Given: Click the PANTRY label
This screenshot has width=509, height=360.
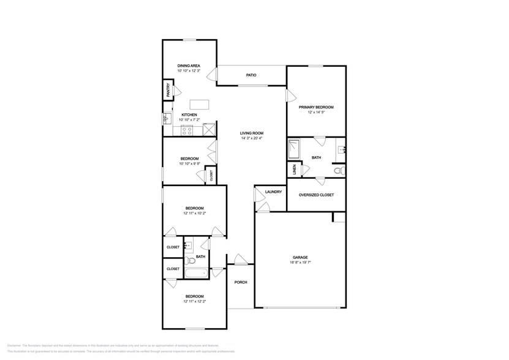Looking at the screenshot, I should [167, 90].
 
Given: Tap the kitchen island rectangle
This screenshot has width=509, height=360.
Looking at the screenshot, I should [199, 104].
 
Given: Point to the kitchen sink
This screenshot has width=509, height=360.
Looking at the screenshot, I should [166, 118].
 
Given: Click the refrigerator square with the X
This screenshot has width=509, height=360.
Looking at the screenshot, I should [209, 129].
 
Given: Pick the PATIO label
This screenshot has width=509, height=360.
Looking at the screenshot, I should [251, 75].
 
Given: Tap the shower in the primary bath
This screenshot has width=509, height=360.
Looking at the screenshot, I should [295, 149].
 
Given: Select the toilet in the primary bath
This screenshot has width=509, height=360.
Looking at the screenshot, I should [340, 170].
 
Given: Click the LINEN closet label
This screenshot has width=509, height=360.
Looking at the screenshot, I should [295, 170].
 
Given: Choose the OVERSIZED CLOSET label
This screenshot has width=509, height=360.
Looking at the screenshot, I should [315, 195].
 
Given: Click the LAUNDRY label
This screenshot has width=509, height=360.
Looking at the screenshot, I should [273, 192].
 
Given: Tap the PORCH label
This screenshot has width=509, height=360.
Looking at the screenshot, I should [241, 282].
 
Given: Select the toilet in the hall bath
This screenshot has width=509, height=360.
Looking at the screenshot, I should [190, 261].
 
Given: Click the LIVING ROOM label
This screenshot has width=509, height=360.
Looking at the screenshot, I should [251, 133].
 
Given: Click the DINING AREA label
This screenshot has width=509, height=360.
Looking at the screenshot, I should [189, 66].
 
